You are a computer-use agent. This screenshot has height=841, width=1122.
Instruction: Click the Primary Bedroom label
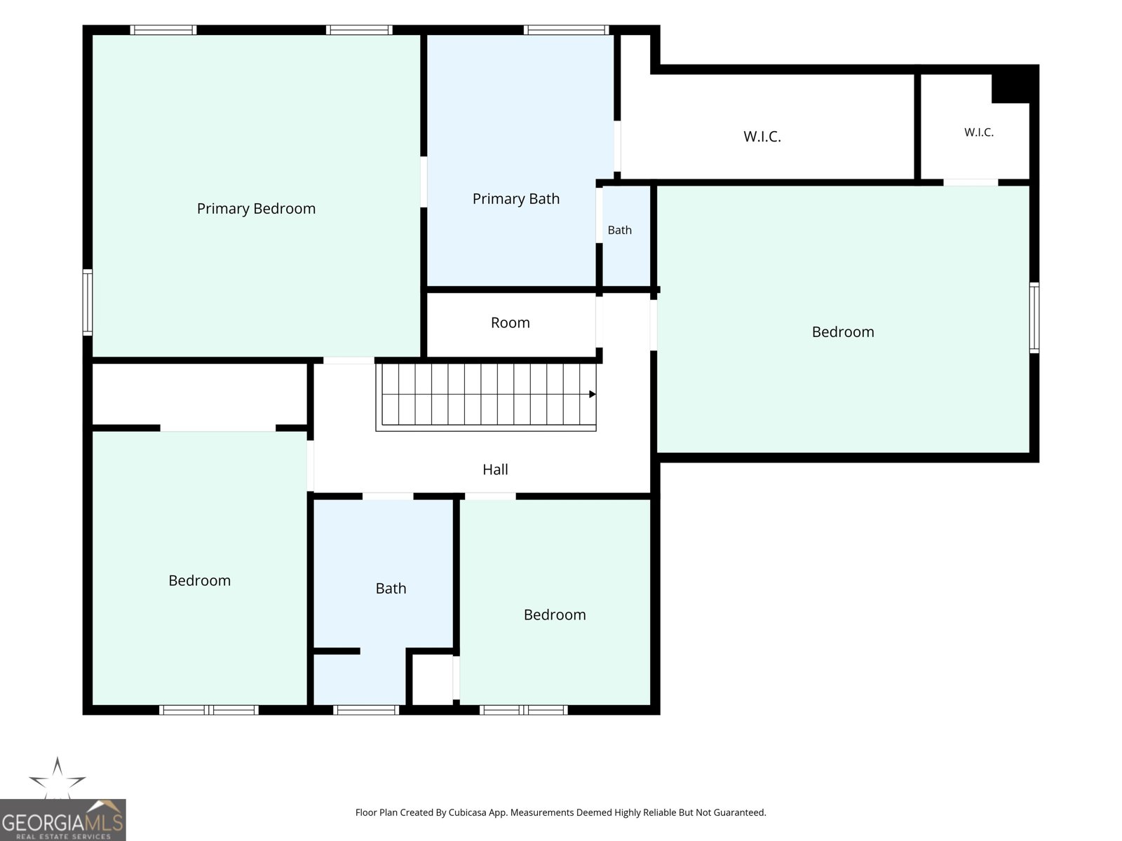click(256, 209)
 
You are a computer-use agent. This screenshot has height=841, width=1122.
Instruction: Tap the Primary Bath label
click(515, 198)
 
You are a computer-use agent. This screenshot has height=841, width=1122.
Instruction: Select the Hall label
click(495, 470)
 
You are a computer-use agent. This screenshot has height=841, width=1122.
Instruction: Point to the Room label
click(510, 322)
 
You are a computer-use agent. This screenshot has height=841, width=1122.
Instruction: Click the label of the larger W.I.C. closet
click(762, 137)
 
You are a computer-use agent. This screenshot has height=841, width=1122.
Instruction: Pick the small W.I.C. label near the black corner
click(979, 132)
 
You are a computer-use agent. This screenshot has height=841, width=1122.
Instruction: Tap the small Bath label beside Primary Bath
click(619, 231)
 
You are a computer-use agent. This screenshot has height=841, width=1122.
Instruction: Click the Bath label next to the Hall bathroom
click(391, 588)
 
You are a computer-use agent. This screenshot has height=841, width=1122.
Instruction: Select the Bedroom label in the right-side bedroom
click(843, 332)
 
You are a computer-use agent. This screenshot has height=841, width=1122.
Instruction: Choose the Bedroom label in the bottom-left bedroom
click(199, 580)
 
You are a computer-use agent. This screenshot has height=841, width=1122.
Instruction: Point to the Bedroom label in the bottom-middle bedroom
click(555, 615)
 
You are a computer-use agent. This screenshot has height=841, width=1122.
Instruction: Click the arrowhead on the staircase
click(593, 394)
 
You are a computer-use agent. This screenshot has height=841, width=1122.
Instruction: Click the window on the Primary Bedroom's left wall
click(88, 302)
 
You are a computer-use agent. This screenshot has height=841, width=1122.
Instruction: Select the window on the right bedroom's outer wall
click(1034, 317)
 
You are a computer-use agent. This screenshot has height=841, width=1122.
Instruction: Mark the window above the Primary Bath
click(567, 29)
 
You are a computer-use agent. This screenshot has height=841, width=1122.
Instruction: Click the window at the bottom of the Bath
click(366, 710)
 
